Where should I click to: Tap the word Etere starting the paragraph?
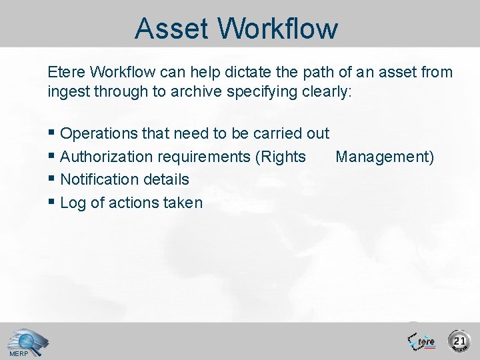tap(66, 71)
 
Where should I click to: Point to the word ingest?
tap(67, 92)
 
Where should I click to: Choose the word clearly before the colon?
tap(323, 92)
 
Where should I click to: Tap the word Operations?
tap(100, 133)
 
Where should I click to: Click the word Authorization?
tap(107, 157)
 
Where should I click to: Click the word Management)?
tap(385, 157)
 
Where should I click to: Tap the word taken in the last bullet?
tap(182, 203)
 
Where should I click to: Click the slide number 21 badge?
tap(459, 341)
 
